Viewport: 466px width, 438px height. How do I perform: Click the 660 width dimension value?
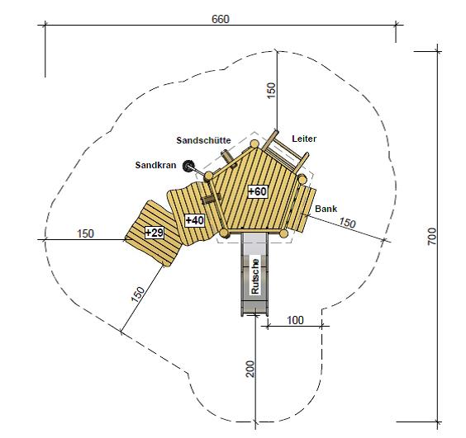point(221,19)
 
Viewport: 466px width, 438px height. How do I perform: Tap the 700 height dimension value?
point(432,236)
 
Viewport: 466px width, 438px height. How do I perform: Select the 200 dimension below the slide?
point(250,369)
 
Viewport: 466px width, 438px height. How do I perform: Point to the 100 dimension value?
point(295,320)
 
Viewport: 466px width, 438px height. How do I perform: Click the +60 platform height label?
point(257,191)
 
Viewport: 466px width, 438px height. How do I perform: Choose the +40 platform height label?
point(195,220)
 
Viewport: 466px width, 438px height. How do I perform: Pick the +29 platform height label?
point(155,233)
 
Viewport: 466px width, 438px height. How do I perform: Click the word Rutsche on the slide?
point(255,276)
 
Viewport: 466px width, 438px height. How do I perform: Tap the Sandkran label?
point(155,165)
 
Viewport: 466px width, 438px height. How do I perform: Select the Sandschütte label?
point(203,140)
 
